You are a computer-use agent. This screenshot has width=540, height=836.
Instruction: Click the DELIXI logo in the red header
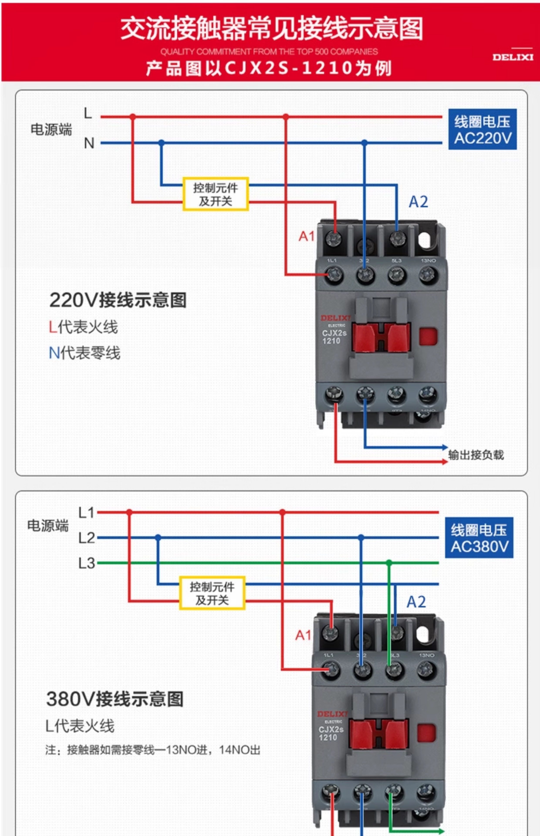pos(512,57)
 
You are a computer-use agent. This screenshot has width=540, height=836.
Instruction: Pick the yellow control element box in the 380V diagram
pos(212,593)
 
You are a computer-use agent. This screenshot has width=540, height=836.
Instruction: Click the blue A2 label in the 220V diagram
pos(418,202)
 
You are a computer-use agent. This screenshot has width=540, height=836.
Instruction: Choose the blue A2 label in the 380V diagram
pos(416,602)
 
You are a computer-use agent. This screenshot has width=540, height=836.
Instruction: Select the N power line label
pos(89,143)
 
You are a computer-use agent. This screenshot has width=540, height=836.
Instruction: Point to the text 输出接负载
pos(476,455)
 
